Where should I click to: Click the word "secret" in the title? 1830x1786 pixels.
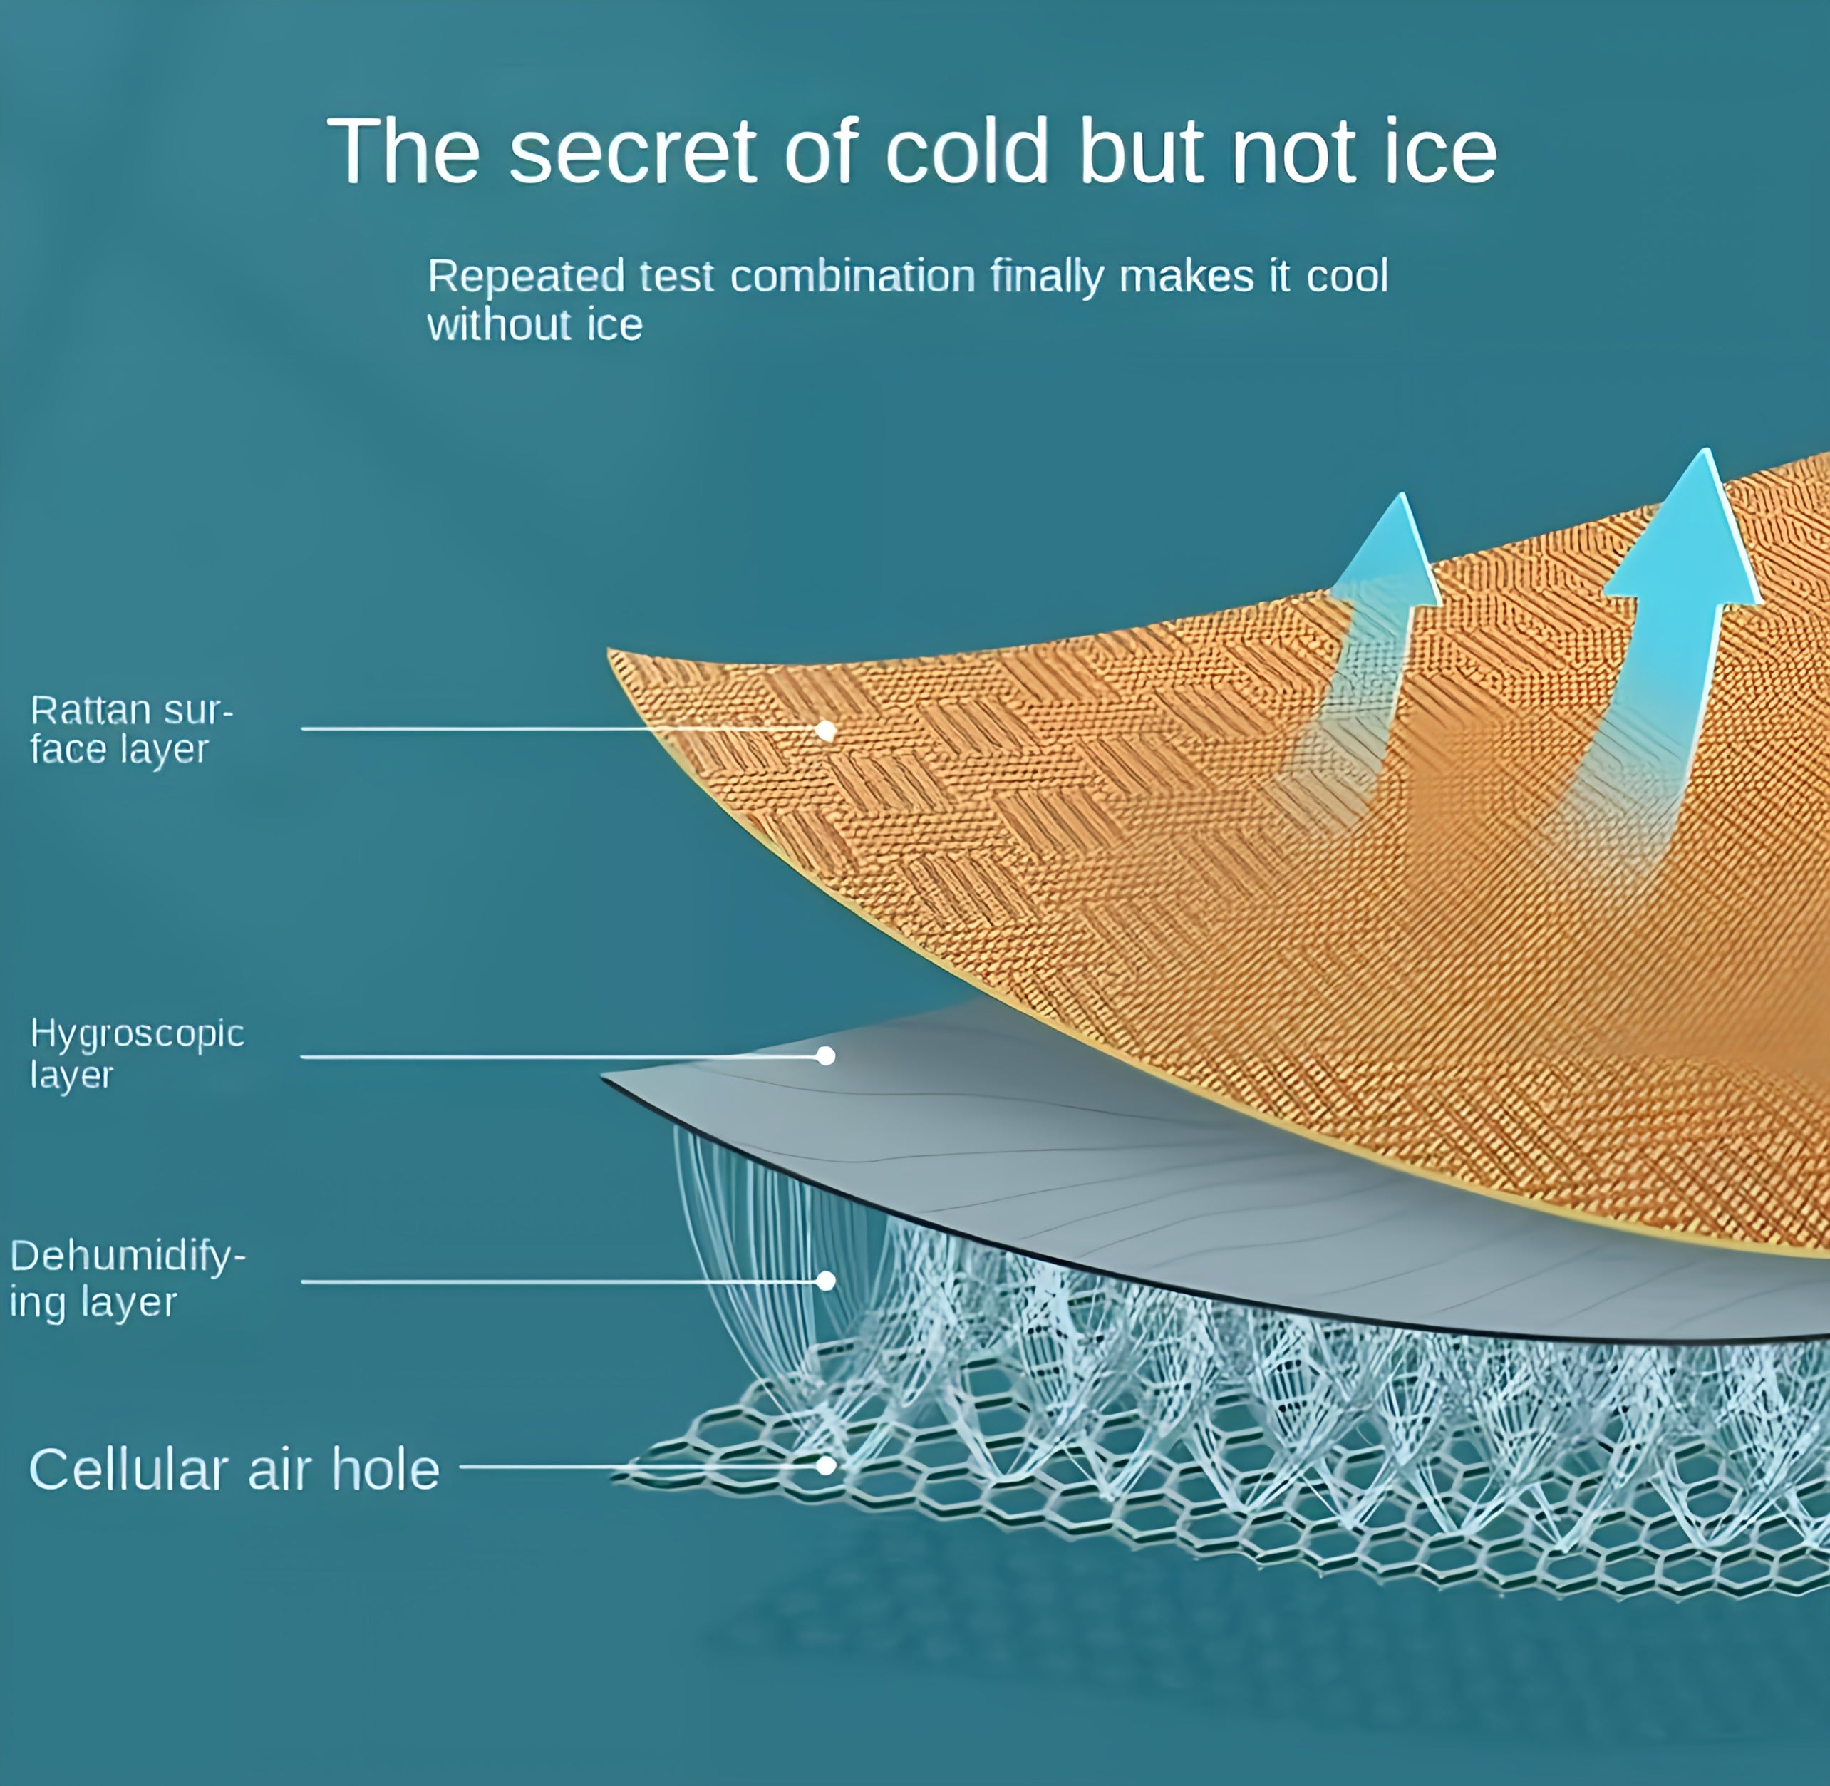(632, 151)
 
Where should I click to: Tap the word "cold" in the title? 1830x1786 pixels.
(967, 151)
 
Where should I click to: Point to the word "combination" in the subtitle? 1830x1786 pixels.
(852, 277)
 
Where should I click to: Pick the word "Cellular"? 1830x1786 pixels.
(130, 1470)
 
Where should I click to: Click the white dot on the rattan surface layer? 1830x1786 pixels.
(825, 731)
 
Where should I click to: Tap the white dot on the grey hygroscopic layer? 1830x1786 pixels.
(825, 1056)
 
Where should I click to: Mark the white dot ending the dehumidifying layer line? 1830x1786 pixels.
(825, 1281)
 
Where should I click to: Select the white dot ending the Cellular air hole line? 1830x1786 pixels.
(825, 1465)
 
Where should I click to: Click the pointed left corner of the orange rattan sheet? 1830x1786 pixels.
(608, 650)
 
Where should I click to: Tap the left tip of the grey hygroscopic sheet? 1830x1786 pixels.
(602, 1076)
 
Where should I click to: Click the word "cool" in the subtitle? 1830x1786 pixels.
(1347, 277)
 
